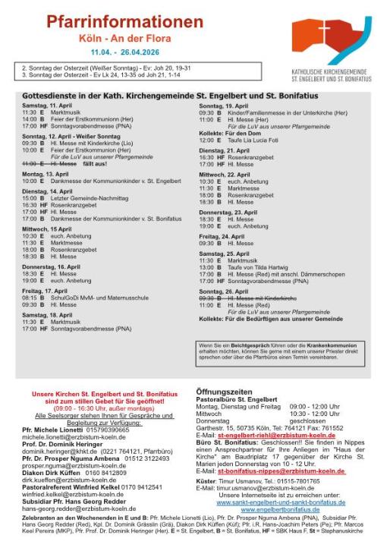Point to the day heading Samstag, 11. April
coord(48,104)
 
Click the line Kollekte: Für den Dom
coord(228,132)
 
